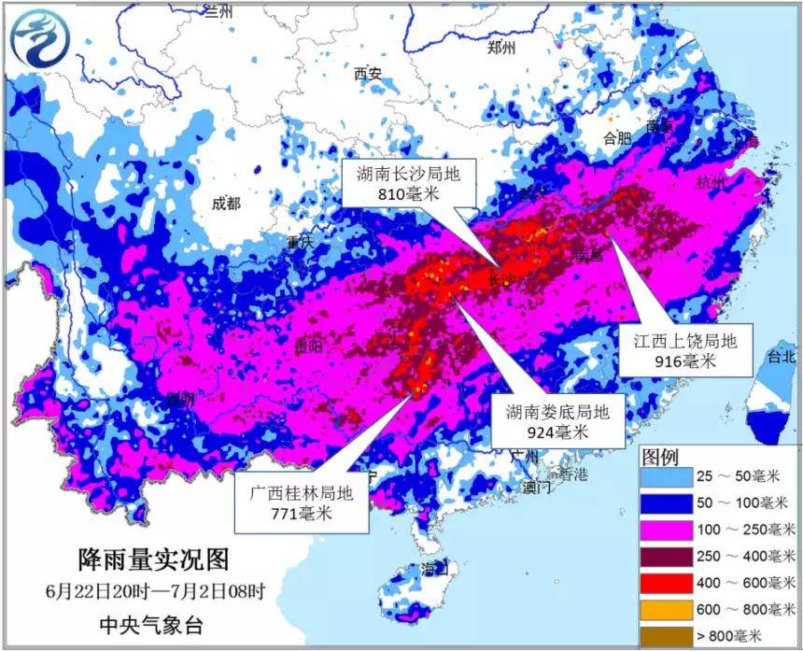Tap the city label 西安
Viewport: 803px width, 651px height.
368,74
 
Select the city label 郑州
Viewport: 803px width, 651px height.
501,49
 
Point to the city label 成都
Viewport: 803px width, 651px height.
225,203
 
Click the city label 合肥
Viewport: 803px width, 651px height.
617,138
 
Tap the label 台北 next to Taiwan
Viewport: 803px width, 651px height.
781,356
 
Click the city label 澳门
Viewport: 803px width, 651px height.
537,487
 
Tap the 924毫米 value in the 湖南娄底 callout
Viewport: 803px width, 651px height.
557,432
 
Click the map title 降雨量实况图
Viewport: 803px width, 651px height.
152,559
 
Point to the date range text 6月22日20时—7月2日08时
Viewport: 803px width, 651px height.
154,591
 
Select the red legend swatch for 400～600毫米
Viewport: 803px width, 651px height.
667,583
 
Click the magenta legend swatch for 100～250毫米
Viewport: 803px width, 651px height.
667,530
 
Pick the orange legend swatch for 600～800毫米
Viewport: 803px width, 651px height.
667,609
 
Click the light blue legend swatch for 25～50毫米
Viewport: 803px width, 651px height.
667,476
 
